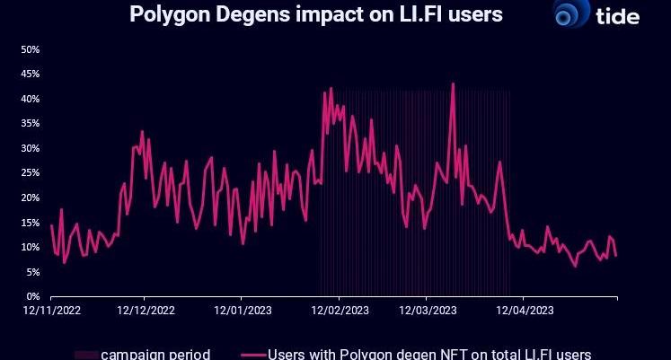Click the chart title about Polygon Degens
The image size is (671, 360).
tap(315, 14)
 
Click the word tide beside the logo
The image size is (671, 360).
tap(618, 15)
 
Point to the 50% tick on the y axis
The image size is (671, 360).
tap(31, 49)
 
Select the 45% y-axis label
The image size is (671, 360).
tap(31, 74)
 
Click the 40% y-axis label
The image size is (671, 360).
tap(31, 99)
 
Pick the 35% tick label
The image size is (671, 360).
tap(31, 123)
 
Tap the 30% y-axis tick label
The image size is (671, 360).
tap(31, 148)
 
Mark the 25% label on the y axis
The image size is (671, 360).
tap(31, 172)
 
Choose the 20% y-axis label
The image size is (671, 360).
tap(31, 198)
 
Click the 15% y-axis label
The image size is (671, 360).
tap(31, 222)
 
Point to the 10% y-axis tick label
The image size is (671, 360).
tap(31, 247)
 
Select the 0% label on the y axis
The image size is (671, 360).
tap(33, 296)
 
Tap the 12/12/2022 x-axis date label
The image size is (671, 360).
tap(146, 312)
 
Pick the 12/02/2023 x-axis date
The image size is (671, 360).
tap(339, 312)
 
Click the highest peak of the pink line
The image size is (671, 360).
tap(453, 84)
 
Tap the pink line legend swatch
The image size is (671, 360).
tap(254, 354)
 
